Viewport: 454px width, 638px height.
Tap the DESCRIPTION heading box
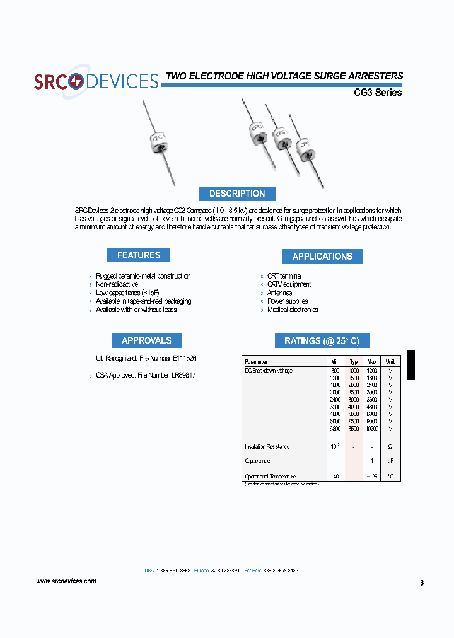pyautogui.click(x=237, y=194)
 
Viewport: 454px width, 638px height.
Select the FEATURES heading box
pyautogui.click(x=139, y=255)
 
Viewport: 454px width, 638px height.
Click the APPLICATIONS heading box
pyautogui.click(x=322, y=257)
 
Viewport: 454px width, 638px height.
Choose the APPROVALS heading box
pyautogui.click(x=146, y=340)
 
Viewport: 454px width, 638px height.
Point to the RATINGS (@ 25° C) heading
pyautogui.click(x=322, y=340)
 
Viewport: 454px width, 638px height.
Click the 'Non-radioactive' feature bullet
pyautogui.click(x=117, y=284)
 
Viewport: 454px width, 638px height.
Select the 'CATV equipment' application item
pyautogui.click(x=289, y=284)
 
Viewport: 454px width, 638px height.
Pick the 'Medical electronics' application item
pyautogui.click(x=293, y=310)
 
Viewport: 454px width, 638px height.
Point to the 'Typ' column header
pyautogui.click(x=354, y=362)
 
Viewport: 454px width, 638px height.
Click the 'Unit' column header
pyautogui.click(x=390, y=362)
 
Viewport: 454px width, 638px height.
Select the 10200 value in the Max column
pyautogui.click(x=371, y=429)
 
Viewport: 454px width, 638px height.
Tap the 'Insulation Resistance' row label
pyautogui.click(x=267, y=447)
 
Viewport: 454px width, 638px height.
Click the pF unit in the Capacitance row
pyautogui.click(x=390, y=461)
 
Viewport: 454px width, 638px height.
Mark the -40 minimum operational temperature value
pyautogui.click(x=335, y=477)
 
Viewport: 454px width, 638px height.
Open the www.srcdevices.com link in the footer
pyautogui.click(x=66, y=581)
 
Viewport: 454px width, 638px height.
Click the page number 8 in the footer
pyautogui.click(x=421, y=583)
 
